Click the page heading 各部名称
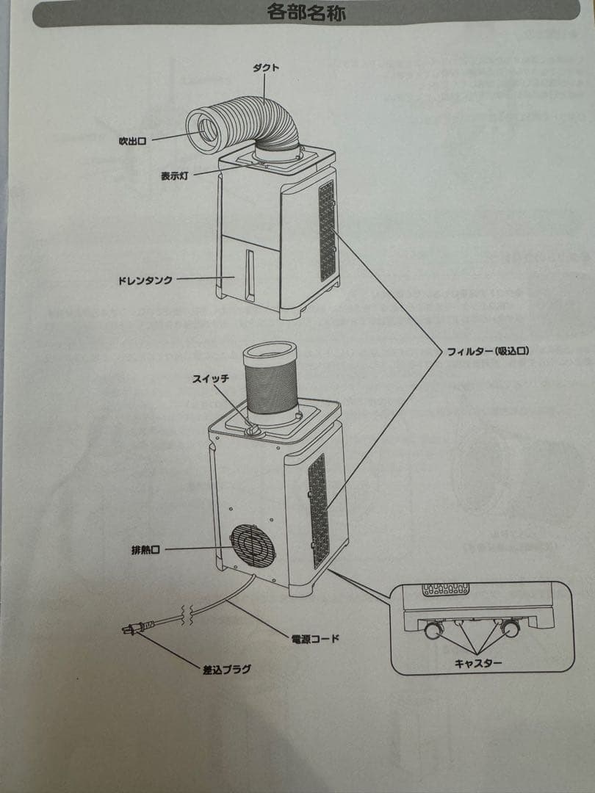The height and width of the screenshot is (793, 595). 306,13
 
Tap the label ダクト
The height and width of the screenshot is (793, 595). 265,68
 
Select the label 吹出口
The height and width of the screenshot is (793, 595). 132,141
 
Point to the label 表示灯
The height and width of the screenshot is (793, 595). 176,176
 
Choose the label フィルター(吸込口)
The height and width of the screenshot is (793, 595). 488,352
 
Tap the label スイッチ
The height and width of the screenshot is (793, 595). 211,379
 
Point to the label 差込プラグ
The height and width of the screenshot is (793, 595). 227,669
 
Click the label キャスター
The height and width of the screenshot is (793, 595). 478,663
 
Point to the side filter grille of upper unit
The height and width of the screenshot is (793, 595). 327,231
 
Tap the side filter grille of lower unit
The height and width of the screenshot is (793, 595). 318,510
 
